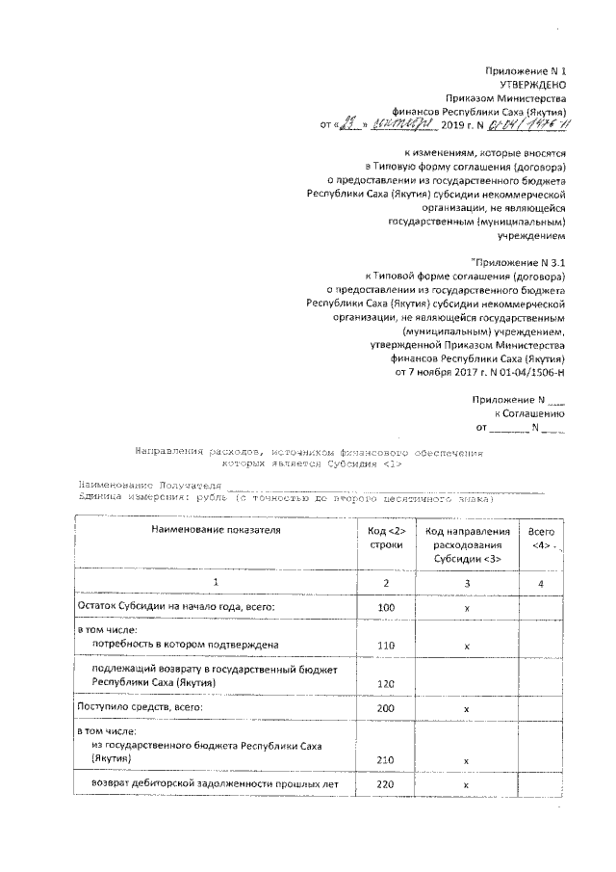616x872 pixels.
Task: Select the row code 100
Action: pyautogui.click(x=386, y=608)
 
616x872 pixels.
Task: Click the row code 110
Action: pyautogui.click(x=386, y=645)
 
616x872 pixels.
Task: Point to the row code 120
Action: pyautogui.click(x=386, y=683)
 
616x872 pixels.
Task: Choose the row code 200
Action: pyautogui.click(x=386, y=708)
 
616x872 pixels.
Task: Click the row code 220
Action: pyautogui.click(x=386, y=785)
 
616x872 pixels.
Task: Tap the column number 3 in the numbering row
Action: pyautogui.click(x=466, y=582)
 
